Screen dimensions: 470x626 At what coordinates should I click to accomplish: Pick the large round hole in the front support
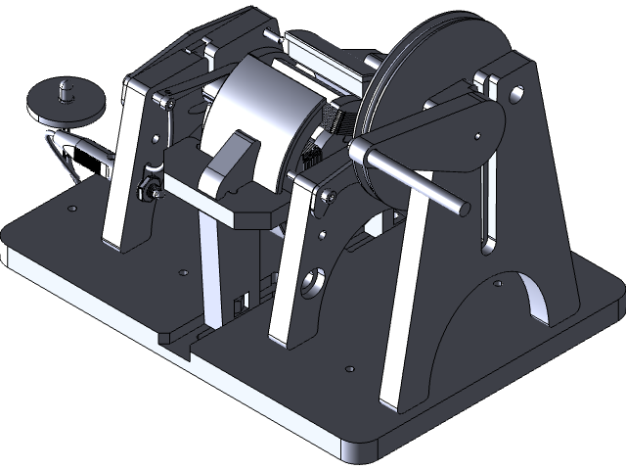click(x=313, y=283)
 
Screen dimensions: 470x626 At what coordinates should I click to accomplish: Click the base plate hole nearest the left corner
click(x=70, y=208)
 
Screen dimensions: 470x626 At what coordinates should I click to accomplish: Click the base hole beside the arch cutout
click(x=497, y=284)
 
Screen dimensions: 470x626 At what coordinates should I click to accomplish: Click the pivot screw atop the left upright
click(x=167, y=99)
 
